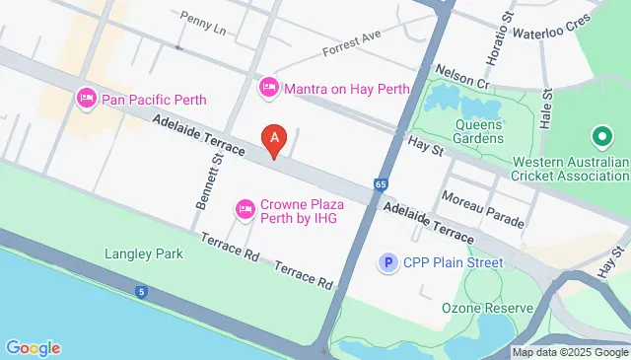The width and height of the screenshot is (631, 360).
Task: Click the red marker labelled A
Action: [273, 139]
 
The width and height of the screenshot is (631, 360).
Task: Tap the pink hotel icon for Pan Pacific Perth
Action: [86, 99]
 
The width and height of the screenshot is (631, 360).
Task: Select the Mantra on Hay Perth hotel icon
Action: [268, 89]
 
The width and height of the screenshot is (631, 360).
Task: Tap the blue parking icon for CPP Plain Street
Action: [390, 262]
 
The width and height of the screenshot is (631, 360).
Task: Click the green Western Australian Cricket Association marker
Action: [599, 138]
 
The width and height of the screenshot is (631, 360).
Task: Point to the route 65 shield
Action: [381, 183]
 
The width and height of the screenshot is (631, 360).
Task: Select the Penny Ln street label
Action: [204, 23]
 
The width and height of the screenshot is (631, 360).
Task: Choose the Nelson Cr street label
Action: [462, 78]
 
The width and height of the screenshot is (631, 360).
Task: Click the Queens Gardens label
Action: [480, 131]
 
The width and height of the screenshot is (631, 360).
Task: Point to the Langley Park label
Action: [144, 253]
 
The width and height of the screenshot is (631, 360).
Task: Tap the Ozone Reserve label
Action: [487, 308]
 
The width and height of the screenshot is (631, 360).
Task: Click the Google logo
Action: [33, 347]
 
